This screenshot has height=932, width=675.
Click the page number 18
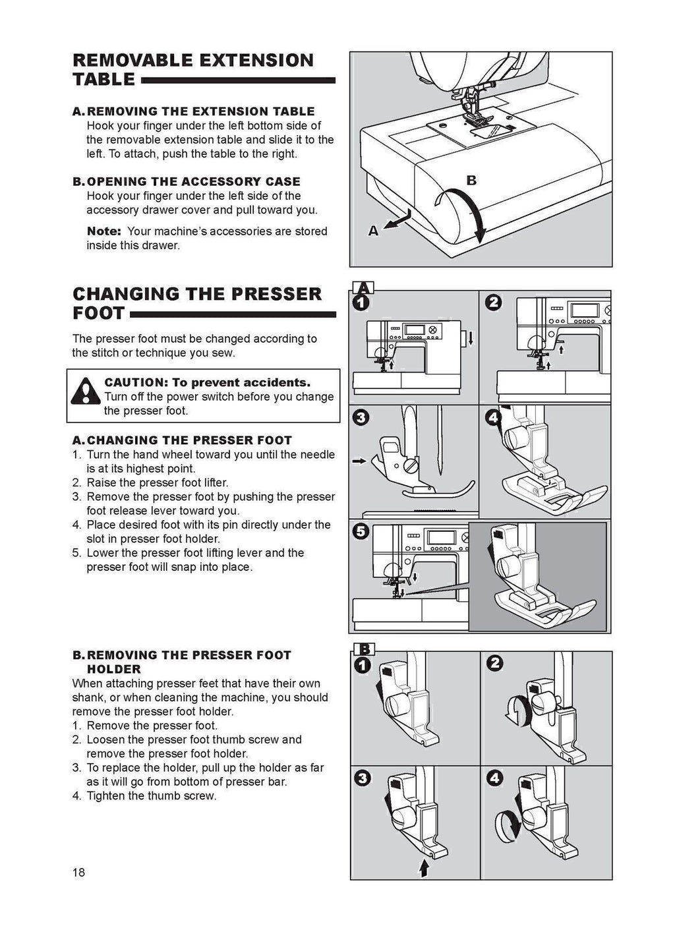[78, 873]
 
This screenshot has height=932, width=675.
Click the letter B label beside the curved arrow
[471, 180]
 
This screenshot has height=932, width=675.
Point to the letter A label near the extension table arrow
[373, 231]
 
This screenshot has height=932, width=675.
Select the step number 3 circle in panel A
[361, 417]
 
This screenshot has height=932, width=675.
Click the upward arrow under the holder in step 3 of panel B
[424, 868]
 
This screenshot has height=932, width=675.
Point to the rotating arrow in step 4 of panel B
[506, 825]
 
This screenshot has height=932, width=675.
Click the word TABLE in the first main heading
[103, 80]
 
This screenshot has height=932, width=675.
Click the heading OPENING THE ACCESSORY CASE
[193, 181]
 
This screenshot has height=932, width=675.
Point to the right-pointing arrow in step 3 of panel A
[359, 461]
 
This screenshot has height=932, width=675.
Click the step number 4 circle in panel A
[493, 417]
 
